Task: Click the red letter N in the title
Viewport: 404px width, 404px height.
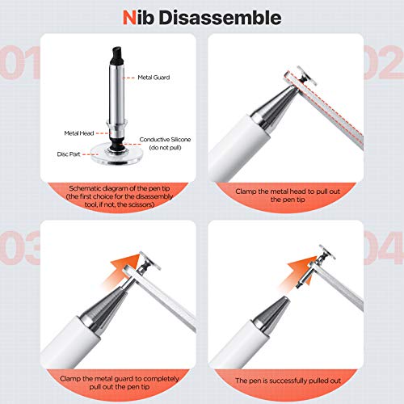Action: point(129,18)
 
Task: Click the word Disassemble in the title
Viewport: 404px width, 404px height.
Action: point(220,18)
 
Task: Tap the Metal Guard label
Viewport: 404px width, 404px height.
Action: point(154,78)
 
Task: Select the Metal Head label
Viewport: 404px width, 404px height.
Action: point(79,133)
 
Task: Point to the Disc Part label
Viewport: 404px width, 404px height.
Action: point(69,154)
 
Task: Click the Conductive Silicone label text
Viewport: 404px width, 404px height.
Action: point(165,140)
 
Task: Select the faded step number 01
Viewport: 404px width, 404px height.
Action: point(19,62)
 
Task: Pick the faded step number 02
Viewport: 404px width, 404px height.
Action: point(384,62)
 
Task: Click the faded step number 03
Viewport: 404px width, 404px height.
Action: point(19,248)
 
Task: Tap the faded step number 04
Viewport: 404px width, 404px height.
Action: point(384,248)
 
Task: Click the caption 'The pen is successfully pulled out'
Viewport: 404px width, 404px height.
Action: point(288,381)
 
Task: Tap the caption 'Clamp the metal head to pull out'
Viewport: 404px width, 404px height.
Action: point(288,191)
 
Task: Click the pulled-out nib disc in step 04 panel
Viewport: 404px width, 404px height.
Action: point(327,252)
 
